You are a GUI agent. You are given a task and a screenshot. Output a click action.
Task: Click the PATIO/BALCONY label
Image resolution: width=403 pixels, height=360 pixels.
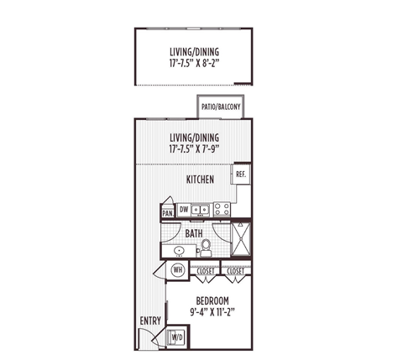217,107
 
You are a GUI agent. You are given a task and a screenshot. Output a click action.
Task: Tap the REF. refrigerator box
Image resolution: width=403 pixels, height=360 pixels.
240,174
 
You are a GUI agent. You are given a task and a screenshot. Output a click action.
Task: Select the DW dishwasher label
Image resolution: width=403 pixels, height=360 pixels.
184,210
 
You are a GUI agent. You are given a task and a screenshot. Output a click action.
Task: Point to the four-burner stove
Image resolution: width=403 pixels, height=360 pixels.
222,210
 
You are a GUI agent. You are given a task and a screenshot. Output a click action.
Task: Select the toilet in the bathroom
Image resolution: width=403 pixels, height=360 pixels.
205,248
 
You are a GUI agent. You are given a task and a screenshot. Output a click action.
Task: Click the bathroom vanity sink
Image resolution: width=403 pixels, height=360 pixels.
178,250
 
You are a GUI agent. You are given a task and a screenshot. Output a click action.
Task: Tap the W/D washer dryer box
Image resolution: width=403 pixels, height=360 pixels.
177,337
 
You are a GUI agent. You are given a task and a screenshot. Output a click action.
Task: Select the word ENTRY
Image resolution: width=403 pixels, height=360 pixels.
150,320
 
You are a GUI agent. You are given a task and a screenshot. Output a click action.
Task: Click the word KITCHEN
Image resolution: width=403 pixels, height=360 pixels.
201,180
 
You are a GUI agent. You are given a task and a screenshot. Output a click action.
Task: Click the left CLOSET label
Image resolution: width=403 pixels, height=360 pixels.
206,271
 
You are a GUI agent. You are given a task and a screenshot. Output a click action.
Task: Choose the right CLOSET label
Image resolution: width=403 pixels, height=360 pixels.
236,271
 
